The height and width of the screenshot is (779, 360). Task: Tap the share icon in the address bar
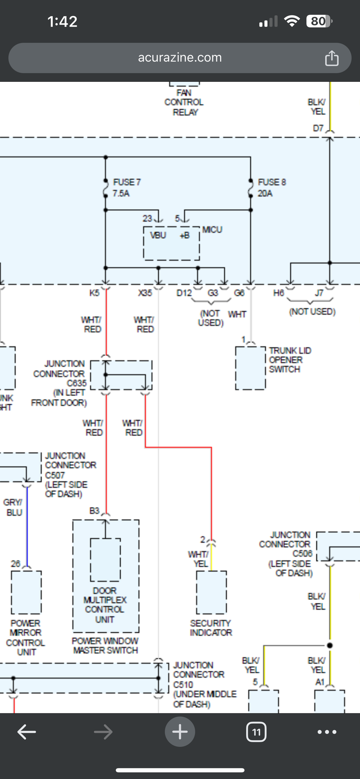[x=331, y=58]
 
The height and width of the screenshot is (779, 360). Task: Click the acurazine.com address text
[x=180, y=58]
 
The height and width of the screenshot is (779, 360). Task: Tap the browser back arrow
[x=27, y=732]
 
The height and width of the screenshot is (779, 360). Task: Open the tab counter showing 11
[x=256, y=732]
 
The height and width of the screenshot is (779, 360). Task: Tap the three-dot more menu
[x=327, y=732]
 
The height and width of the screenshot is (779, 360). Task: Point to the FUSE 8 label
[x=272, y=188]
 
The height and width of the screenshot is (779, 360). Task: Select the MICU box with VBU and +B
[x=171, y=243]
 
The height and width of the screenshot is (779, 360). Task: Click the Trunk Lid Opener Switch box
[x=250, y=368]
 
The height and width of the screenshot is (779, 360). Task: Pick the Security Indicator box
[x=211, y=592]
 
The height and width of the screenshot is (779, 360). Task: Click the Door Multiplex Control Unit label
[x=104, y=605]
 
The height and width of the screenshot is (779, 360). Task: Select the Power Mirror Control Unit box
[x=26, y=592]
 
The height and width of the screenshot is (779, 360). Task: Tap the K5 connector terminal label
[x=94, y=293]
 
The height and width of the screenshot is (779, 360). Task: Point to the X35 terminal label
[x=145, y=293]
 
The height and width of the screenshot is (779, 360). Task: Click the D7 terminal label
[x=318, y=128]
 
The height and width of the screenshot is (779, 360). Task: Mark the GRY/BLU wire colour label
[x=13, y=507]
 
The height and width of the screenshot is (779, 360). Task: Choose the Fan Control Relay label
[x=184, y=103]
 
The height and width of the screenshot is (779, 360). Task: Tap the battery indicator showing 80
[x=319, y=21]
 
